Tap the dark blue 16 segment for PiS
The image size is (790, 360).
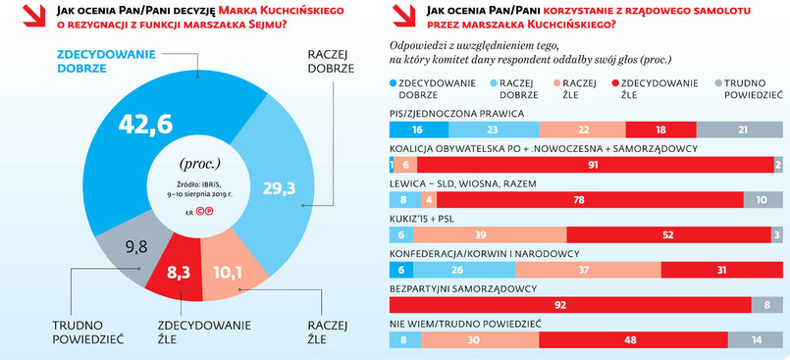417,129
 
